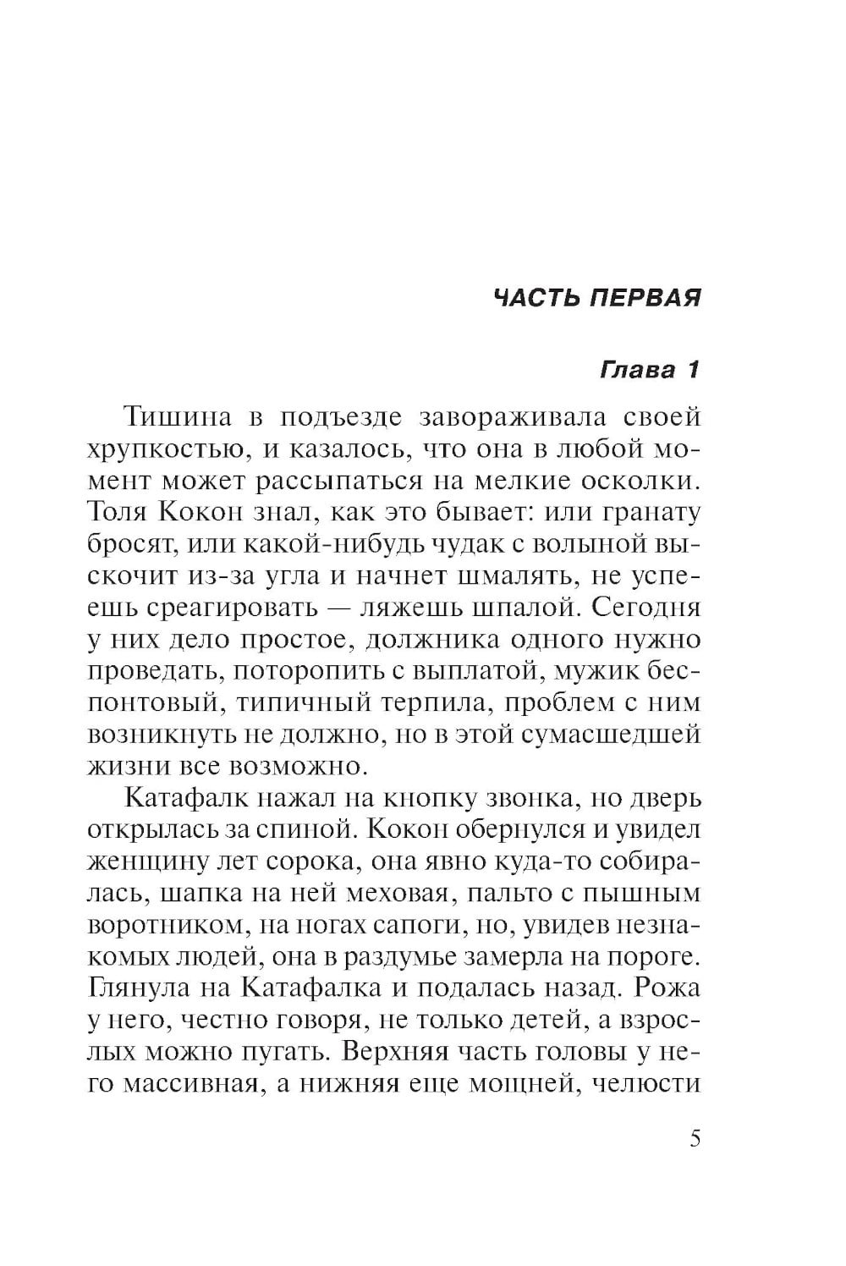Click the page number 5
pos(695,1139)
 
